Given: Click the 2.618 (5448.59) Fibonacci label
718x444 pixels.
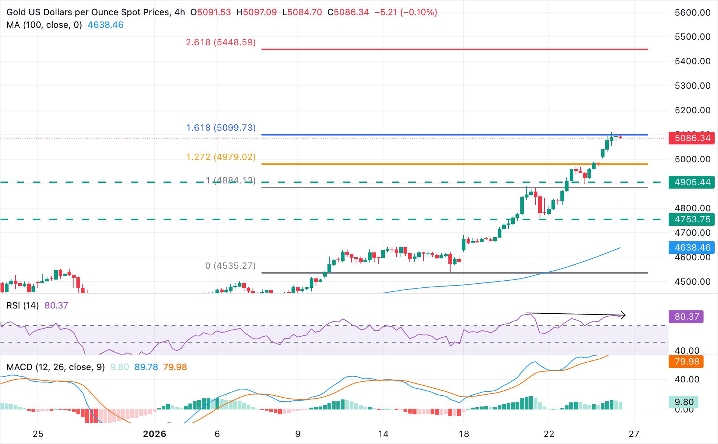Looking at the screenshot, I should pos(221,42).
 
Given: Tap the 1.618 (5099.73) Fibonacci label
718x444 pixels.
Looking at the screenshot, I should pos(221,128).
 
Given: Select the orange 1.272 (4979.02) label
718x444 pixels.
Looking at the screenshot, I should pos(221,157).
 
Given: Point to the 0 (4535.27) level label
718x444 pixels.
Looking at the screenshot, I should pos(230,266).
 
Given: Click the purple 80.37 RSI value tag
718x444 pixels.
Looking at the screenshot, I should pos(686,317).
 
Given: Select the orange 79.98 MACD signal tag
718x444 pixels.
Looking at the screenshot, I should pos(686,362).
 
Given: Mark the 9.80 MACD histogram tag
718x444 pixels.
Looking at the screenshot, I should pos(684,402).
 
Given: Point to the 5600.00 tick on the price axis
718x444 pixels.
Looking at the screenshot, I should pos(692,13).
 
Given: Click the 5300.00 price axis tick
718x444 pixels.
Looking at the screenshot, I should pos(692,86).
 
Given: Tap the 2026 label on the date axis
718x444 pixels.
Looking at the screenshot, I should pos(155,434).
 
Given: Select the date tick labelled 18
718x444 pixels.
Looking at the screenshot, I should pos(464,434).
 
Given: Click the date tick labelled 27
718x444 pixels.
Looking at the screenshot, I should pos(634,434).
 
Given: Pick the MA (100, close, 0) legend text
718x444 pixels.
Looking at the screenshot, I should pos(44,25).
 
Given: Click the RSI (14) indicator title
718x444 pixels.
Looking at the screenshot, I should pos(23,306).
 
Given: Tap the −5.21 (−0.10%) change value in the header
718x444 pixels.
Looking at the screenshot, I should pos(406,12).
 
